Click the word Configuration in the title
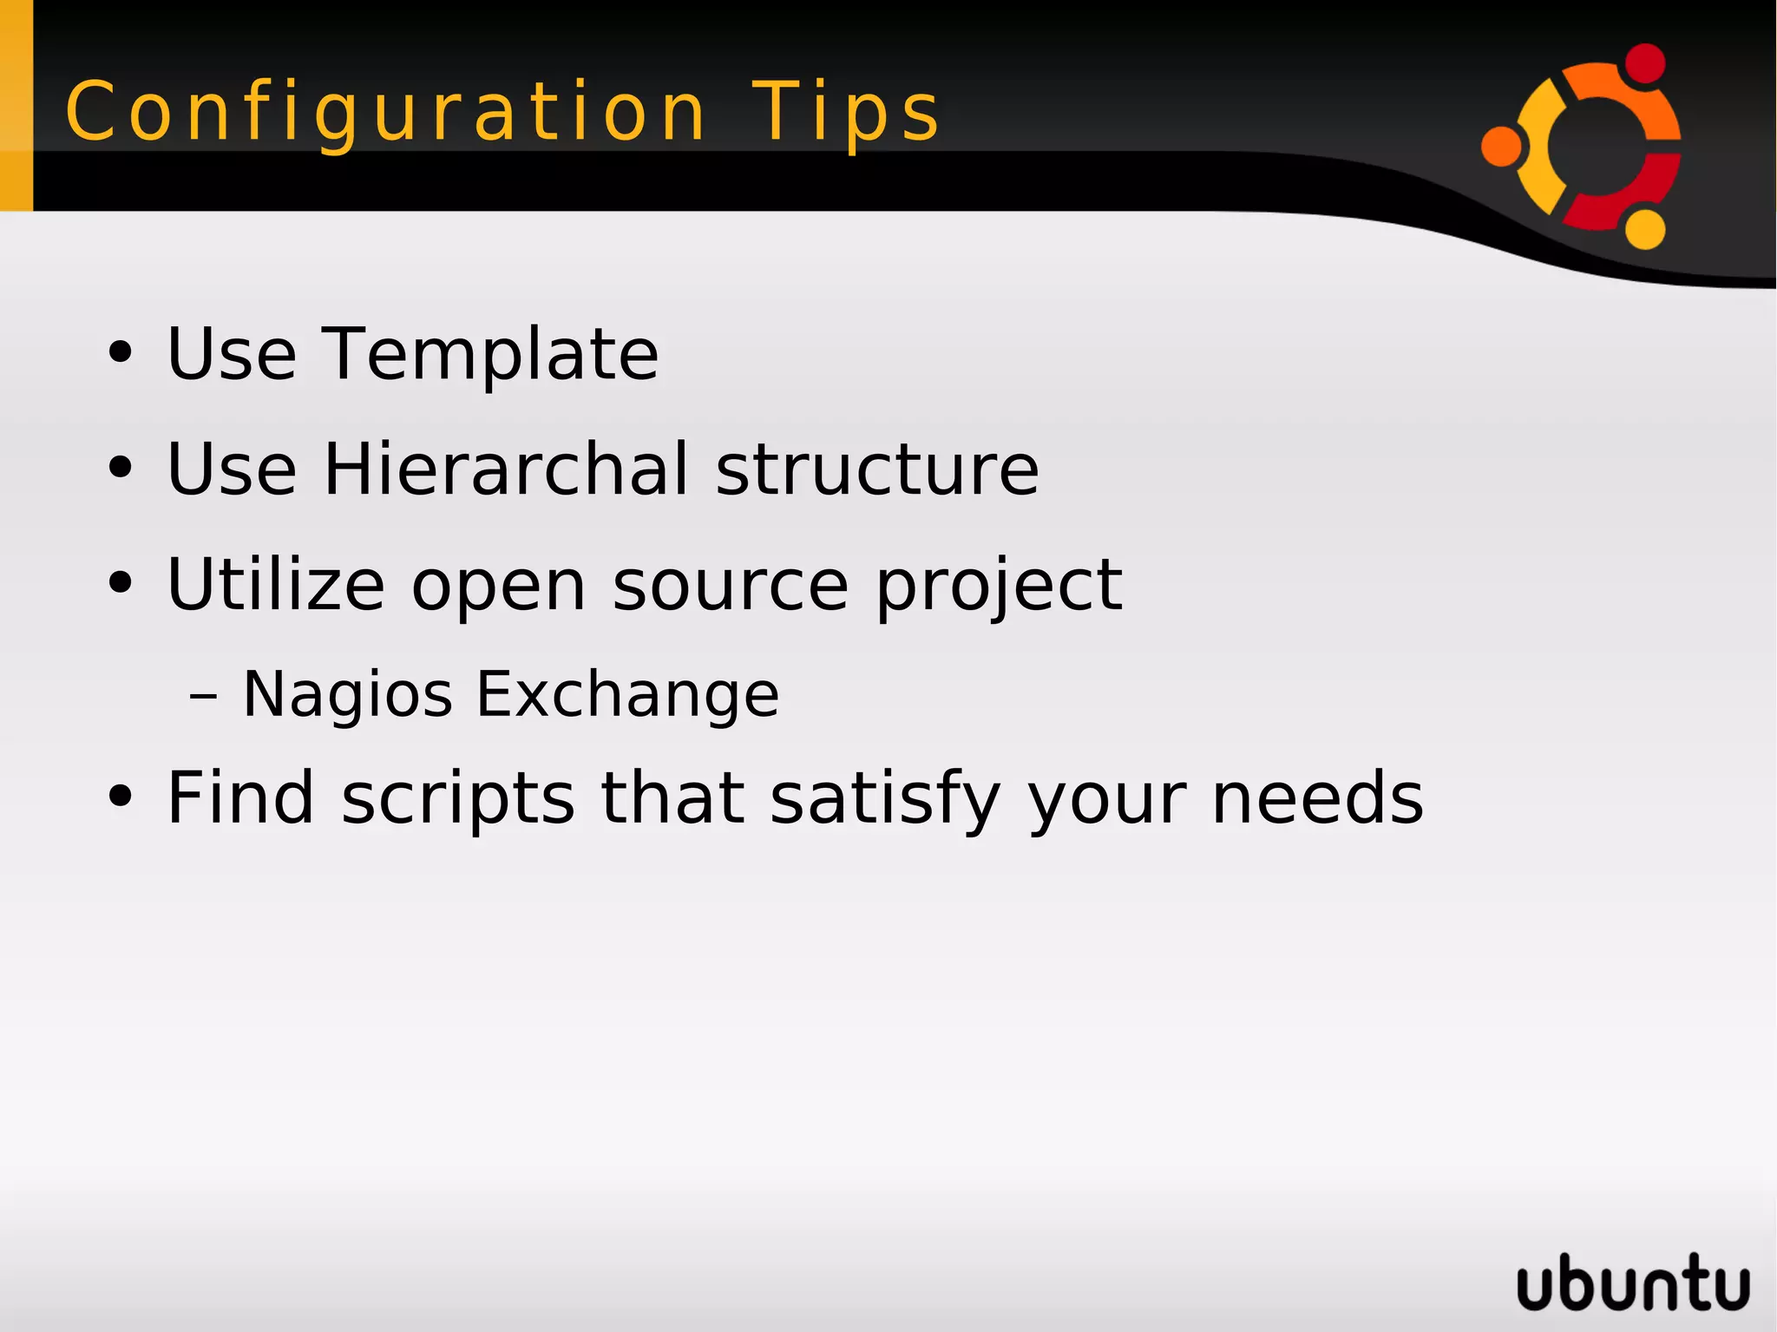[385, 113]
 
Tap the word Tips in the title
[845, 113]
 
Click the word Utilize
[275, 585]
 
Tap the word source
[730, 587]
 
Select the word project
[998, 587]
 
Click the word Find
[239, 798]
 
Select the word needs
[1317, 798]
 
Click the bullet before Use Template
[121, 353]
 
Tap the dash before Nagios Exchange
[203, 696]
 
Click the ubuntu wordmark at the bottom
[1633, 1283]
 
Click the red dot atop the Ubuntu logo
[1644, 63]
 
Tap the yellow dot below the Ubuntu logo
[1644, 229]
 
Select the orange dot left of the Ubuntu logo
[1501, 146]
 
